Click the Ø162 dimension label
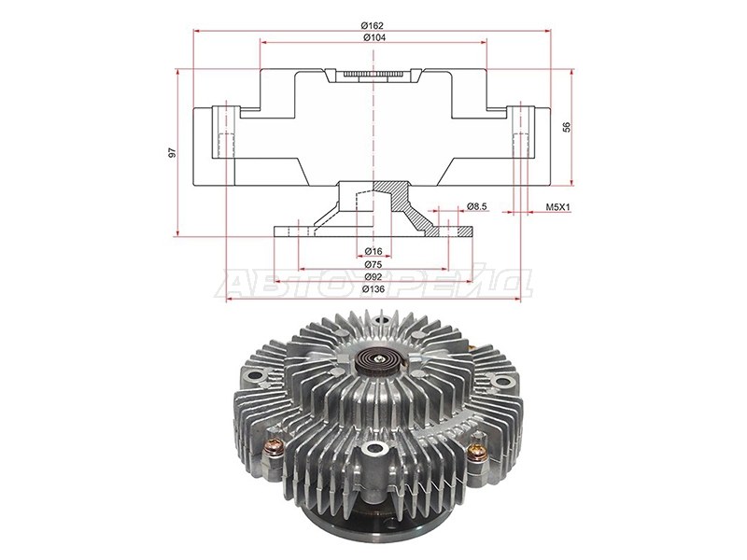(x=372, y=26)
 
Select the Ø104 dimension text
(x=374, y=37)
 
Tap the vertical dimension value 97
(x=173, y=152)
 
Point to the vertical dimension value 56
(x=567, y=127)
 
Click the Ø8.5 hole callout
(x=476, y=206)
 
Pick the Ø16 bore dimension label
(x=373, y=251)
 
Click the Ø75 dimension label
(x=373, y=264)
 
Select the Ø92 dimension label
(x=373, y=276)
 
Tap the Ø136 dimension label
(x=373, y=289)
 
